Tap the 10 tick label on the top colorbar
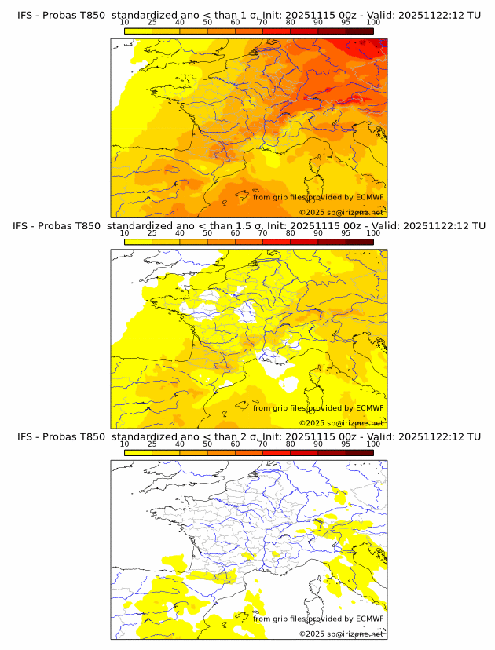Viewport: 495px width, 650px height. (x=125, y=23)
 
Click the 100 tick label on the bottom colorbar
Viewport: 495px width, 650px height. (x=373, y=444)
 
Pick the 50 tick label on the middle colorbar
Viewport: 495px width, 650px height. (x=207, y=233)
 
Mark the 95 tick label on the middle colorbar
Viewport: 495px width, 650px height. (x=346, y=233)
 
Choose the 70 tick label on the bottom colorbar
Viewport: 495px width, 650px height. (x=262, y=444)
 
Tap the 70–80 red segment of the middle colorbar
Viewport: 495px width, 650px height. (x=277, y=241)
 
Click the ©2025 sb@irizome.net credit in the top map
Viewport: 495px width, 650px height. (x=341, y=212)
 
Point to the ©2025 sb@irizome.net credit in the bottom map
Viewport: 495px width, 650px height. (x=341, y=634)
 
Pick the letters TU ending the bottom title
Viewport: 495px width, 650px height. (x=474, y=436)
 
